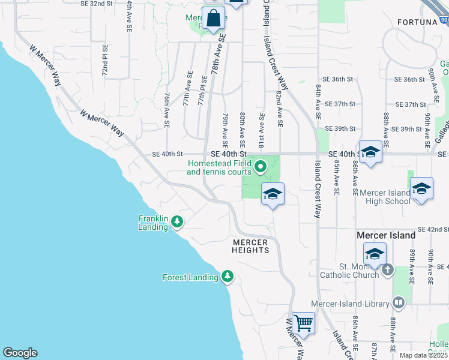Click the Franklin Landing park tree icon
click(177, 222)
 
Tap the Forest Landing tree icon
click(227, 277)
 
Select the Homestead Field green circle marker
click(260, 167)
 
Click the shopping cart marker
click(303, 324)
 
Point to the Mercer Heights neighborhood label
click(251, 245)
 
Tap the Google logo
click(20, 353)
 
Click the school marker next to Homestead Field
click(273, 194)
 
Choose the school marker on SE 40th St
click(370, 152)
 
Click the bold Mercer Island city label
click(386, 235)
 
